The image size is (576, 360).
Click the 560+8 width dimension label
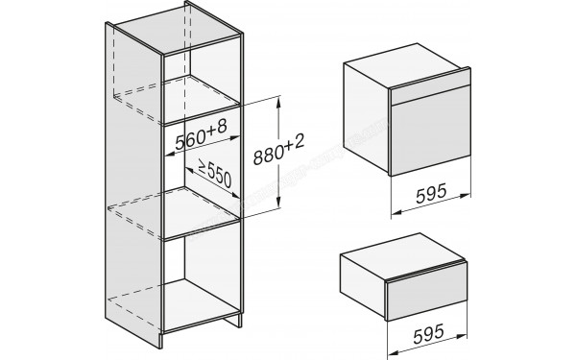pyautogui.click(x=201, y=134)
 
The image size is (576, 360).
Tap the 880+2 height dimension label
pyautogui.click(x=279, y=150)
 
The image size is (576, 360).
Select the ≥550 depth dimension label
pyautogui.click(x=215, y=173)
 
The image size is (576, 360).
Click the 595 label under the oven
pyautogui.click(x=431, y=193)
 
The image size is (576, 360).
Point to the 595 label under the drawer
pyautogui.click(x=428, y=333)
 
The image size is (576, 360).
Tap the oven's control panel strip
pyautogui.click(x=430, y=86)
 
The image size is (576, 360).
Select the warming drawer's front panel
pyautogui.click(x=427, y=292)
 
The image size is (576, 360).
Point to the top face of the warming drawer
pyautogui.click(x=403, y=253)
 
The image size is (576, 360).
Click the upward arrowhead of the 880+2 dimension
pyautogui.click(x=278, y=101)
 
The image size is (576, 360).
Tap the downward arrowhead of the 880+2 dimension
pyautogui.click(x=278, y=204)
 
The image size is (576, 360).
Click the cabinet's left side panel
pyautogui.click(x=133, y=183)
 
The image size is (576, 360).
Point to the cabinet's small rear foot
pyautogui.click(x=233, y=320)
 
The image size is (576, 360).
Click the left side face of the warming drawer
pyautogui.click(x=363, y=283)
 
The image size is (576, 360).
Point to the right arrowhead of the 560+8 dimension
pyautogui.click(x=235, y=138)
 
